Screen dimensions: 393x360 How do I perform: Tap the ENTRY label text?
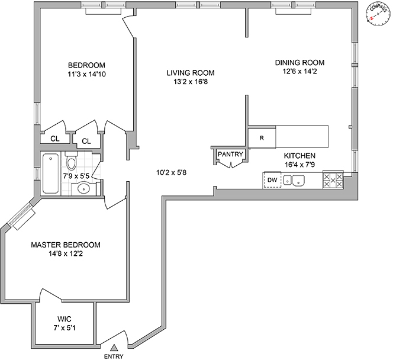pos(114,356)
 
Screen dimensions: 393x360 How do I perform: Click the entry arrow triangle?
pos(115,347)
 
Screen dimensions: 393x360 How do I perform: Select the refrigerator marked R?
pos(261,137)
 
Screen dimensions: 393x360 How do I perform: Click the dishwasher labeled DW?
pos(272,179)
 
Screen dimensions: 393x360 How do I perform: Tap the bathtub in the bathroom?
pos(50,173)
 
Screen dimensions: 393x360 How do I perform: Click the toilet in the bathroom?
pos(72,162)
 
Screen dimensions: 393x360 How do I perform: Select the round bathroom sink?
pos(82,189)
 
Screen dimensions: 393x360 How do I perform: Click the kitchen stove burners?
pos(332,179)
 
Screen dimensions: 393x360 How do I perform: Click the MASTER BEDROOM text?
pos(66,245)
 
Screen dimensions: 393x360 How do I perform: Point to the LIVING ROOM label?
pos(186,73)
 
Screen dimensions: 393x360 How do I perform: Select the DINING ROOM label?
pos(300,63)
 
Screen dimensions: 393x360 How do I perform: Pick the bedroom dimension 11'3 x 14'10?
pos(86,74)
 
